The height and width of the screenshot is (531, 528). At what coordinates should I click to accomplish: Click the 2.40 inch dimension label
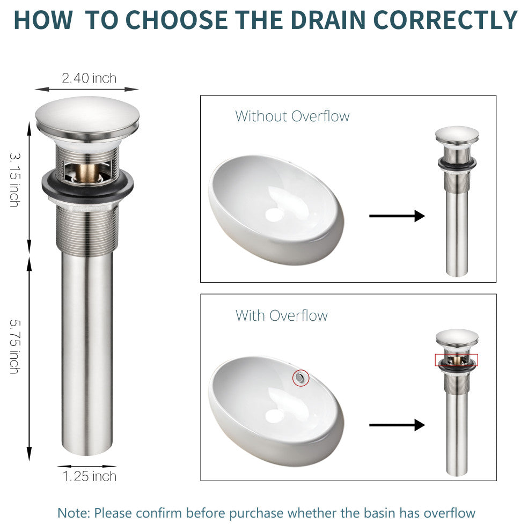(x=89, y=78)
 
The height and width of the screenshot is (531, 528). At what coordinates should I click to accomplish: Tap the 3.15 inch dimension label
(x=15, y=180)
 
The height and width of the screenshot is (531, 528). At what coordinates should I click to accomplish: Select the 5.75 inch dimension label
(x=15, y=346)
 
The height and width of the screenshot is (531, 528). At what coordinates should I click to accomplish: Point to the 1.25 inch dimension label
(x=90, y=476)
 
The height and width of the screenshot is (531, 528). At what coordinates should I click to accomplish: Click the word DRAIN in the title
(x=328, y=20)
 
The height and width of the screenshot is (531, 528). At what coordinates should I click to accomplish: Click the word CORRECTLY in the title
(x=445, y=20)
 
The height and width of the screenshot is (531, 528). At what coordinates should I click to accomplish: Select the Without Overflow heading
(x=292, y=116)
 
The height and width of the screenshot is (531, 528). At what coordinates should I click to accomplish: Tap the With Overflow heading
(x=282, y=315)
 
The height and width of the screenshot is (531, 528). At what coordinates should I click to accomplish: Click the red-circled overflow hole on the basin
(x=300, y=378)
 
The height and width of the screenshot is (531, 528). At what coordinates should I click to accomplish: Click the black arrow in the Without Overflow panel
(x=397, y=216)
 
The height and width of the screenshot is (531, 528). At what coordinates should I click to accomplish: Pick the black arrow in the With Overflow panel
(x=397, y=425)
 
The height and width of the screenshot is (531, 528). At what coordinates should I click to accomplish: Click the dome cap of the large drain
(x=87, y=115)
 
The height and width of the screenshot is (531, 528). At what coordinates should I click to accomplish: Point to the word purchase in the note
(x=256, y=513)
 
